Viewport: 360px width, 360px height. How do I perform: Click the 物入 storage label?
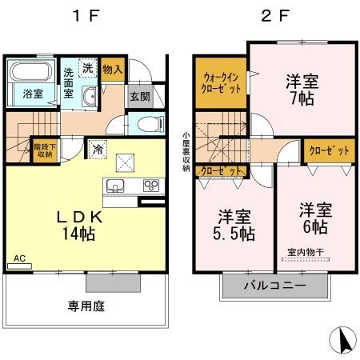[113, 70]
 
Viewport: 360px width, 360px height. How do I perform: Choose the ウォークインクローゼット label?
[219, 84]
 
